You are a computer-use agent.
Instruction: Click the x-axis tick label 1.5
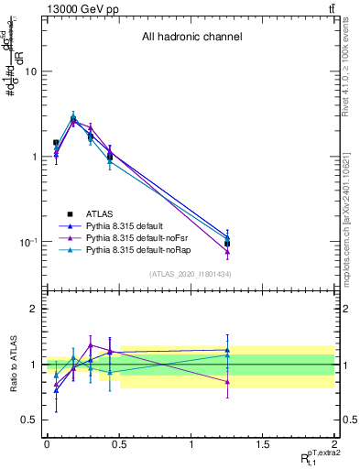point(263,443)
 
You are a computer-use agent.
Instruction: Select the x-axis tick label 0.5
point(118,443)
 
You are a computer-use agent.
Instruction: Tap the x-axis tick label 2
point(334,443)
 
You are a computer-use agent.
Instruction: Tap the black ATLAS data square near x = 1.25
point(227,244)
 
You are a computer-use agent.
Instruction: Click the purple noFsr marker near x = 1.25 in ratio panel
point(227,381)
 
